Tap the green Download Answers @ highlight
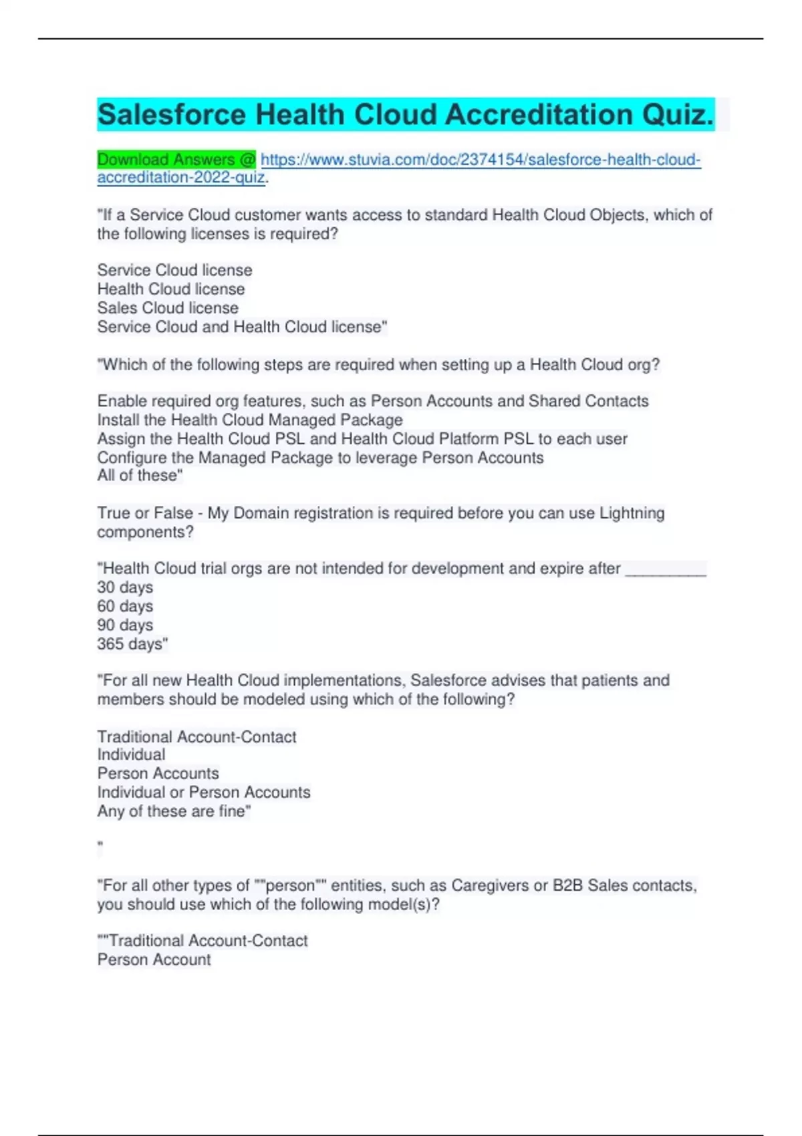(x=176, y=160)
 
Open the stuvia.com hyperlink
(x=480, y=160)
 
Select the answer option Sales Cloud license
(x=168, y=308)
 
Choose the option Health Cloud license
(x=171, y=289)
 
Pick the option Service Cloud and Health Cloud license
(x=241, y=327)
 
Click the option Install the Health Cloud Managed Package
(x=250, y=420)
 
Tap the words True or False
(x=144, y=513)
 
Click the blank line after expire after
(x=666, y=569)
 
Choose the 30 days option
(x=125, y=587)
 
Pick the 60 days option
(x=125, y=606)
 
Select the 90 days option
(x=125, y=625)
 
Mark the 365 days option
(x=132, y=644)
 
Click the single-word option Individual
(x=131, y=754)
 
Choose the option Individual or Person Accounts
(x=204, y=793)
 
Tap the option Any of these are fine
(x=173, y=811)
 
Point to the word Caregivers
(x=491, y=885)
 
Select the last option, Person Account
(x=154, y=960)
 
